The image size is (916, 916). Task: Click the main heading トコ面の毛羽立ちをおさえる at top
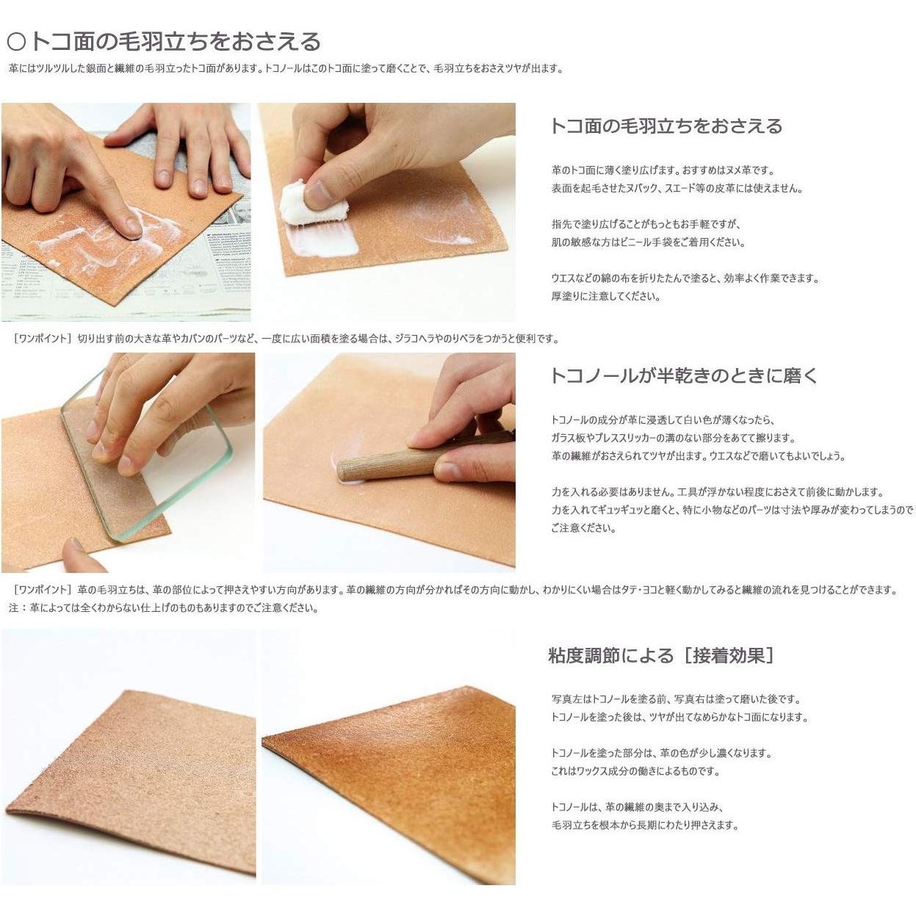(174, 41)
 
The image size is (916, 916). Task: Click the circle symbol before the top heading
(15, 42)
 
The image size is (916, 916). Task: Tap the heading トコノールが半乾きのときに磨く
(683, 375)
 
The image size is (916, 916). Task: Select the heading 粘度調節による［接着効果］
(660, 655)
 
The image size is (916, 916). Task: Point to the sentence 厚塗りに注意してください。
(605, 296)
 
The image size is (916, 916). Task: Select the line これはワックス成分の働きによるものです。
(635, 771)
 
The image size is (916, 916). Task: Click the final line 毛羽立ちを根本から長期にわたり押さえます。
(643, 825)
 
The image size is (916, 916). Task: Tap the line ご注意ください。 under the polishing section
(583, 527)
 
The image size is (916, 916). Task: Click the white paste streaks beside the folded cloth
(323, 242)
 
